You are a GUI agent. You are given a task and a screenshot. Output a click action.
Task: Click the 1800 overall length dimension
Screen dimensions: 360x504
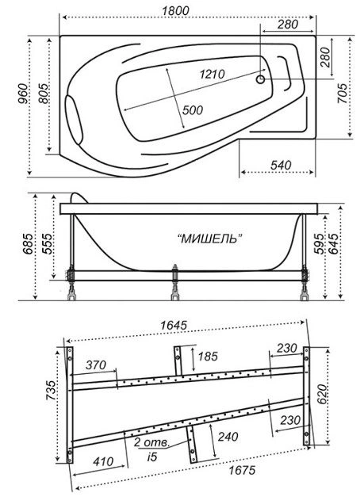tap(175, 10)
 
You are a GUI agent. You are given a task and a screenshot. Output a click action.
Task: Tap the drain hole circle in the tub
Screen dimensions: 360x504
tap(261, 79)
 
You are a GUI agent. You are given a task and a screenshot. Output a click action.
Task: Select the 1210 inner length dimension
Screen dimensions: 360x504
tap(212, 74)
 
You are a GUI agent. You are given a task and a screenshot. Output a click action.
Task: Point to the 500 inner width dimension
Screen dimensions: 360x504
tap(193, 110)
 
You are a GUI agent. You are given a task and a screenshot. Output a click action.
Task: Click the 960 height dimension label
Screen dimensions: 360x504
tap(22, 94)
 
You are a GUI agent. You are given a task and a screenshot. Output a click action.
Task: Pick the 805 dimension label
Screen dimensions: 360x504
tap(44, 94)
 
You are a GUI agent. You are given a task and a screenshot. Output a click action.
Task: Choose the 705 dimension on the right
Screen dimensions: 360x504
tap(343, 94)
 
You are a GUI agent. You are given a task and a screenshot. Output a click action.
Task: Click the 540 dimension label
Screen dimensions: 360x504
tap(281, 165)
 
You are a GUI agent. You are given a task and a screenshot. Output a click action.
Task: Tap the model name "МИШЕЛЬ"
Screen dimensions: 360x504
tap(210, 239)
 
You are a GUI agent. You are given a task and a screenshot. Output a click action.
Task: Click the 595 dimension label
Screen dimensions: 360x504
tap(319, 243)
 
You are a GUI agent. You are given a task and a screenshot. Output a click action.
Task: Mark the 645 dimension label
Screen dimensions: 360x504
tap(333, 243)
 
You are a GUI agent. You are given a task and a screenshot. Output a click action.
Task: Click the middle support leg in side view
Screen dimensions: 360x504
tap(174, 282)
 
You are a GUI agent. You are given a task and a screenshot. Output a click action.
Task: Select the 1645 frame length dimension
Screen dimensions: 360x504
tap(174, 325)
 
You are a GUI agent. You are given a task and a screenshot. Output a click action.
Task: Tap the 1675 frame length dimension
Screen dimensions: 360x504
tap(243, 470)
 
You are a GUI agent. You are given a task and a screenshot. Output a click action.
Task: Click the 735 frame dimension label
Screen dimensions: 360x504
tap(51, 391)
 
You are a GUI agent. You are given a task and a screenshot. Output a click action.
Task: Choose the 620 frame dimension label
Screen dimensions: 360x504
tap(323, 394)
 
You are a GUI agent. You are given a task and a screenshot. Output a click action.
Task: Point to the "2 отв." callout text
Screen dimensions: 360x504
tap(151, 443)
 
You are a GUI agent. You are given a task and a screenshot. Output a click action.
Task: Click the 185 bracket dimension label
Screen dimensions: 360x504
tap(208, 356)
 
